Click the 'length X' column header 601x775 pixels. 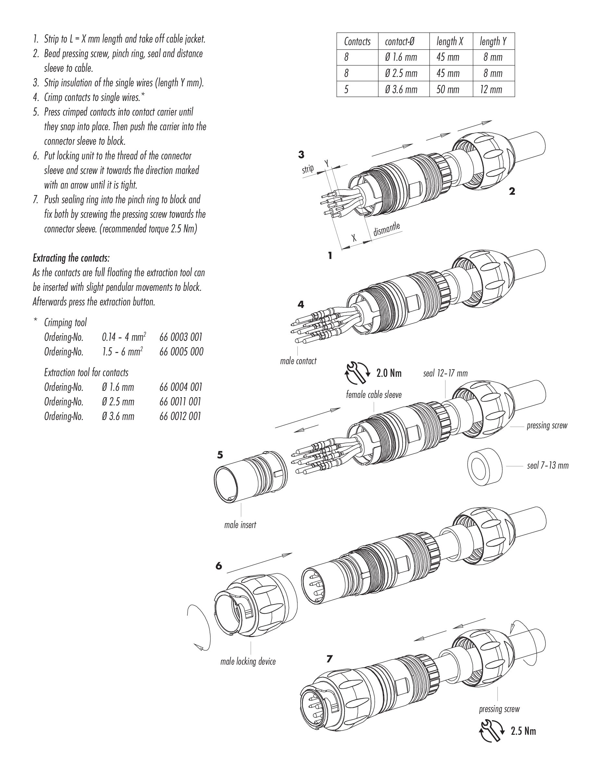(450, 42)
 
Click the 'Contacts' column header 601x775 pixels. (357, 42)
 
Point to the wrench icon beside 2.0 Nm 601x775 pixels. (357, 373)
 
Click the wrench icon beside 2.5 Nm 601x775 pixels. (491, 731)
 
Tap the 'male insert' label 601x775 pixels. (240, 524)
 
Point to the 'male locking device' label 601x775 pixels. (248, 661)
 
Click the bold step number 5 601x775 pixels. (220, 455)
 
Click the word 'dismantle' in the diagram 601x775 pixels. (387, 229)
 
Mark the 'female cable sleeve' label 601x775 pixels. (374, 394)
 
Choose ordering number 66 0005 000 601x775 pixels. (182, 352)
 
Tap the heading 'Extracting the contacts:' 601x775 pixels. (71, 258)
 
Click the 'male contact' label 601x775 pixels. (298, 361)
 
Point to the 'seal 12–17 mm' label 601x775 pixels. (445, 373)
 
